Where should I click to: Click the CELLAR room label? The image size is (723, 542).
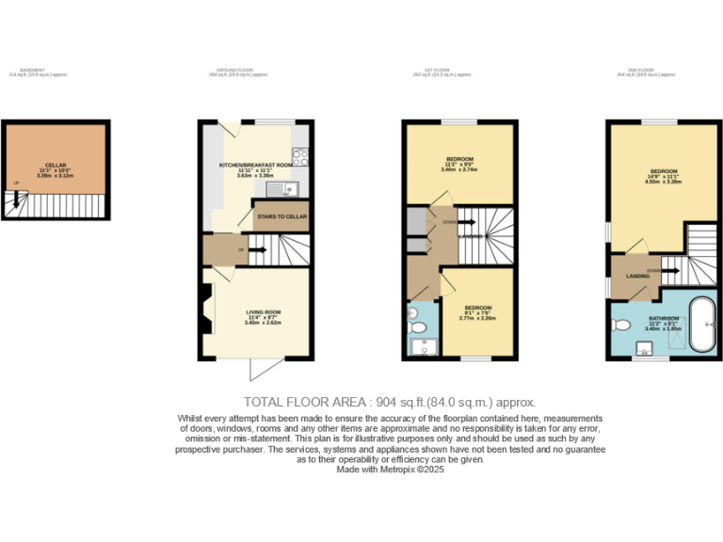coord(56,165)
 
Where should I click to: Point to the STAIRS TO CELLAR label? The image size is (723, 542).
coord(281,216)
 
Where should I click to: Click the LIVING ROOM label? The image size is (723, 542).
coord(264,311)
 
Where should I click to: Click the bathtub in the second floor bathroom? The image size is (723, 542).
coord(702,325)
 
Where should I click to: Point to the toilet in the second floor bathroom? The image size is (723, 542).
coord(621,326)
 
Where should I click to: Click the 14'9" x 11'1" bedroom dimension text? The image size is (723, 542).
coord(664,177)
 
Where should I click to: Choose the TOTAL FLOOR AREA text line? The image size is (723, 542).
coord(389,401)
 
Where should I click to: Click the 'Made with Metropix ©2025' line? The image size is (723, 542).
coord(389,469)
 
